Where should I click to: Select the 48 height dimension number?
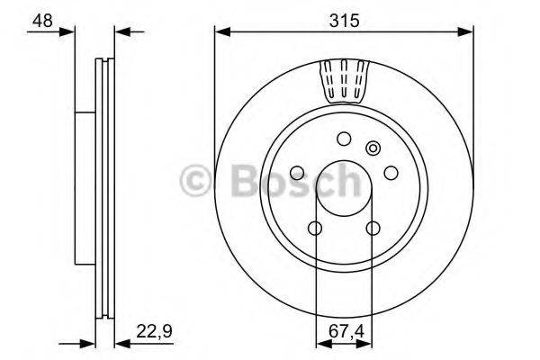[41, 19]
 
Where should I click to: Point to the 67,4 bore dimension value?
[343, 330]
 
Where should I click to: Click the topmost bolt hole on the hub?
[343, 139]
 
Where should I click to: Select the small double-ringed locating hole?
[373, 148]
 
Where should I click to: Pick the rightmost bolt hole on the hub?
[391, 172]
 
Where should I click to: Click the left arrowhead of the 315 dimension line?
[220, 32]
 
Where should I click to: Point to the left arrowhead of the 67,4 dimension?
[321, 343]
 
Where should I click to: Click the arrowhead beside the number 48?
[68, 32]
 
